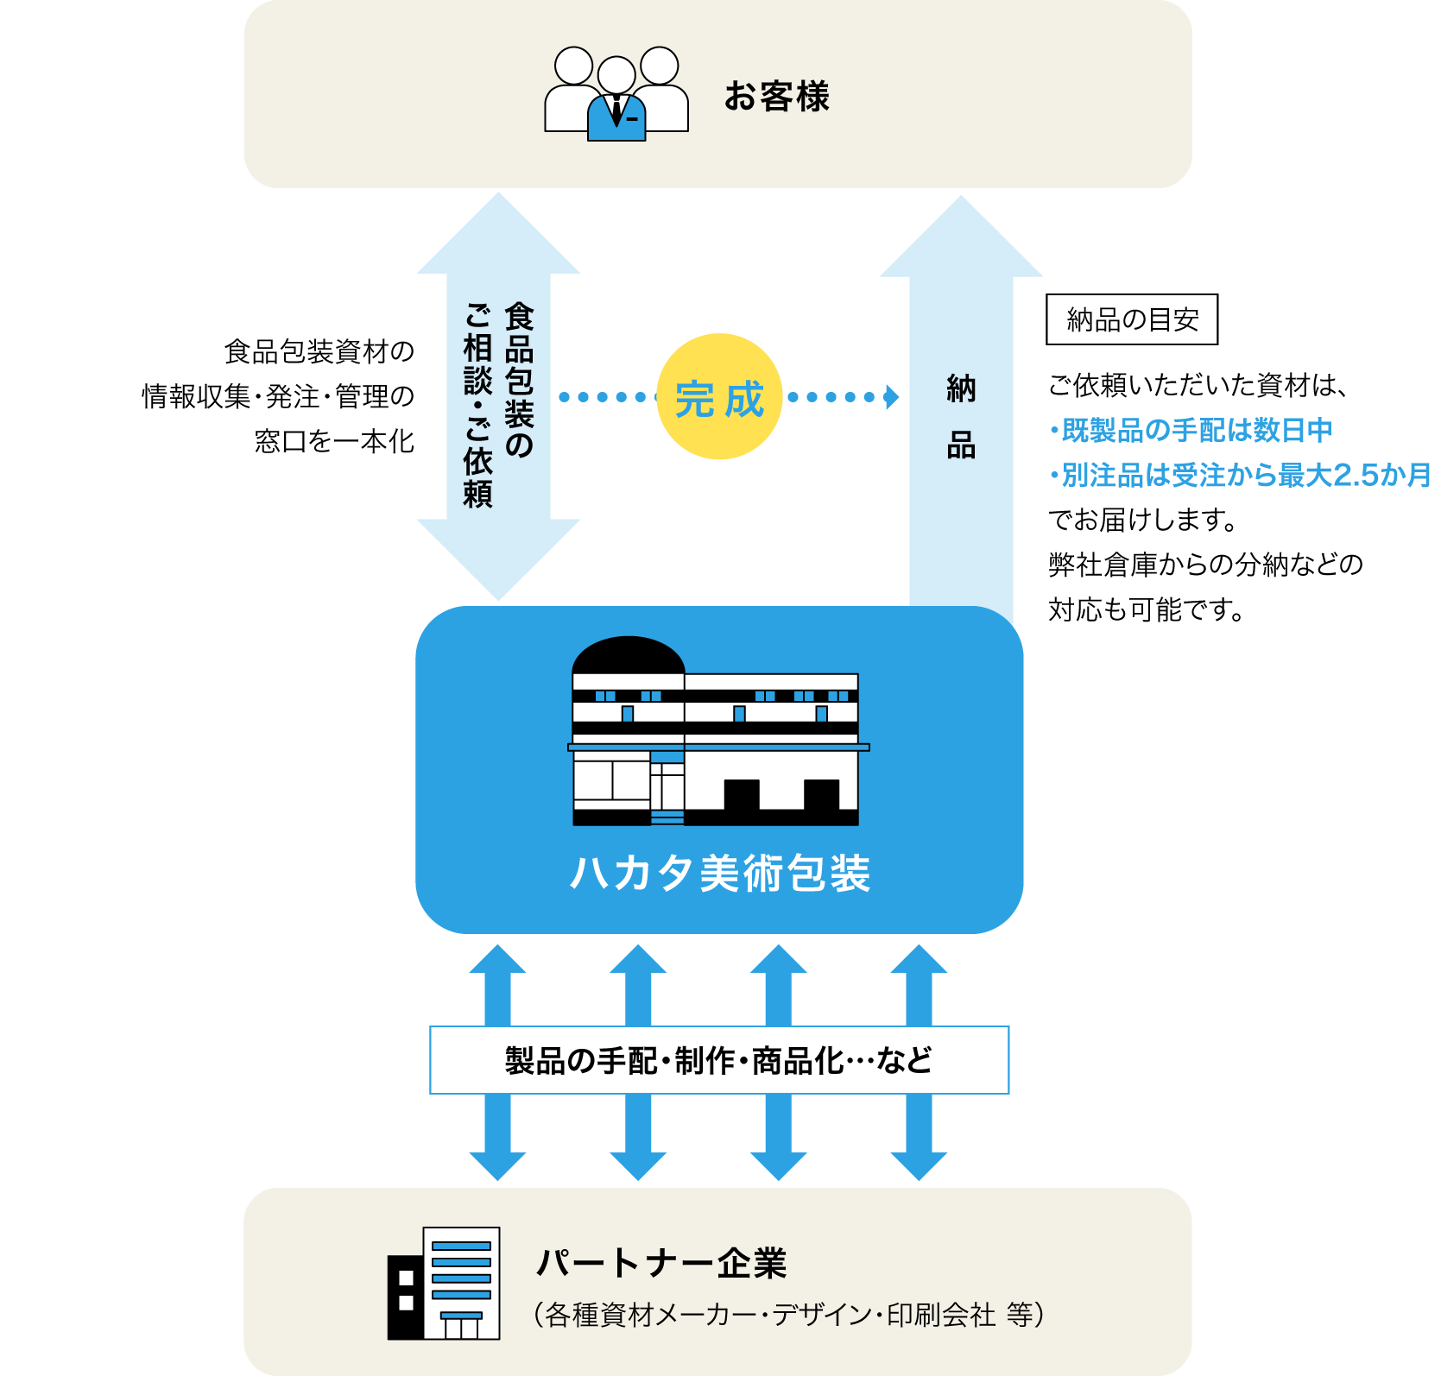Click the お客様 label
tap(776, 96)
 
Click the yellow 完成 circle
tap(719, 397)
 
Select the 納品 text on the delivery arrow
tap(961, 417)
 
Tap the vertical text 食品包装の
tap(520, 379)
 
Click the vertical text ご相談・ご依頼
tap(477, 405)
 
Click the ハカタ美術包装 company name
tap(719, 873)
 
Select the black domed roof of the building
tap(629, 655)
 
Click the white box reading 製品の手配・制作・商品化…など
tap(719, 1060)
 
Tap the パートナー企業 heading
tap(661, 1263)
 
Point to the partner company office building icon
tap(444, 1284)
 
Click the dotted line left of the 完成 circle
tap(602, 397)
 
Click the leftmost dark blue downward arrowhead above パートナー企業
tap(497, 1165)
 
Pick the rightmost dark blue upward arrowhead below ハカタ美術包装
tap(919, 961)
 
